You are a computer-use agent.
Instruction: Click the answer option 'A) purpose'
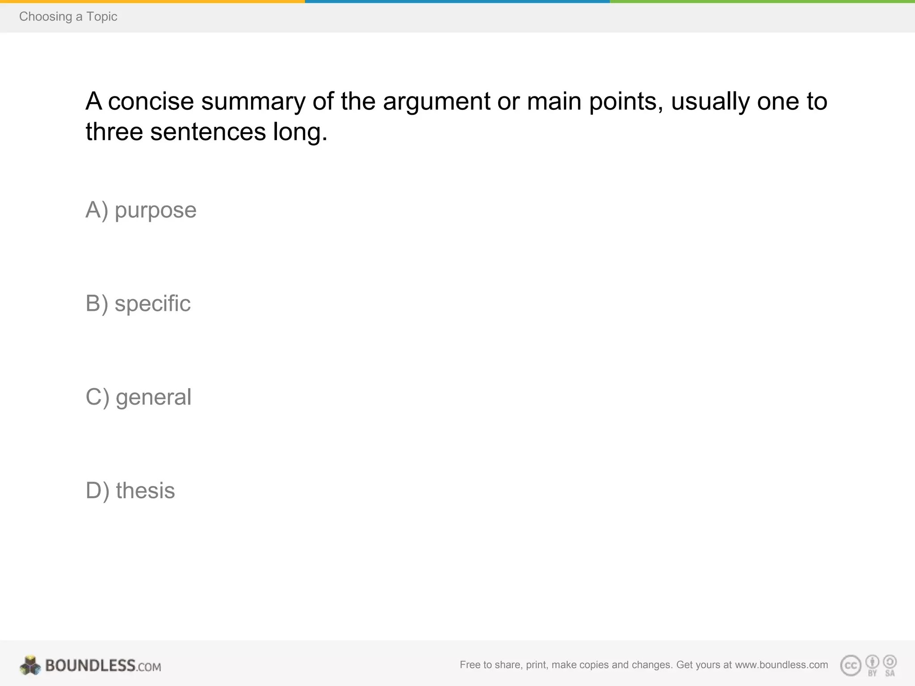pyautogui.click(x=141, y=210)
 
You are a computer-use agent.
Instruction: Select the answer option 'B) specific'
pyautogui.click(x=138, y=304)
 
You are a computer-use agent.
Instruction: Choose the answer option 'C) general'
pyautogui.click(x=139, y=397)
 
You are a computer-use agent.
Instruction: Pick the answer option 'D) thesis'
pyautogui.click(x=130, y=490)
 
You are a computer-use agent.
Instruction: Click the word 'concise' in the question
pyautogui.click(x=151, y=101)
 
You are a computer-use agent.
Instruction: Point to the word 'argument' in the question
pyautogui.click(x=437, y=101)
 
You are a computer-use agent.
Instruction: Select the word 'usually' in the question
pyautogui.click(x=710, y=101)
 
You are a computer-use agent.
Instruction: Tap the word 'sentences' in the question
pyautogui.click(x=208, y=132)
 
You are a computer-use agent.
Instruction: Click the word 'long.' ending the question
pyautogui.click(x=300, y=132)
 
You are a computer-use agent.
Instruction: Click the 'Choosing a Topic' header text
pyautogui.click(x=68, y=17)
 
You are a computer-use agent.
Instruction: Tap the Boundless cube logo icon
pyautogui.click(x=30, y=665)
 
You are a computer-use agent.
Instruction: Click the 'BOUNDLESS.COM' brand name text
pyautogui.click(x=103, y=666)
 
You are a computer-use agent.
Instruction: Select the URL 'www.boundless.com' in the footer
pyautogui.click(x=781, y=665)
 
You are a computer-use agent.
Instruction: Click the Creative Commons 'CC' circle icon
pyautogui.click(x=851, y=665)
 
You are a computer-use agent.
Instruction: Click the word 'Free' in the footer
pyautogui.click(x=470, y=665)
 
